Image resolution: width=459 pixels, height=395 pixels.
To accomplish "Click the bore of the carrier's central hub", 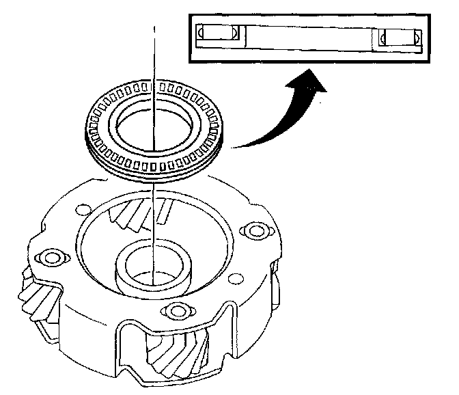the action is coord(154,270).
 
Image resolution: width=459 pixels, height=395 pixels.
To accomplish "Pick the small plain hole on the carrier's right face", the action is coord(237,277).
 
